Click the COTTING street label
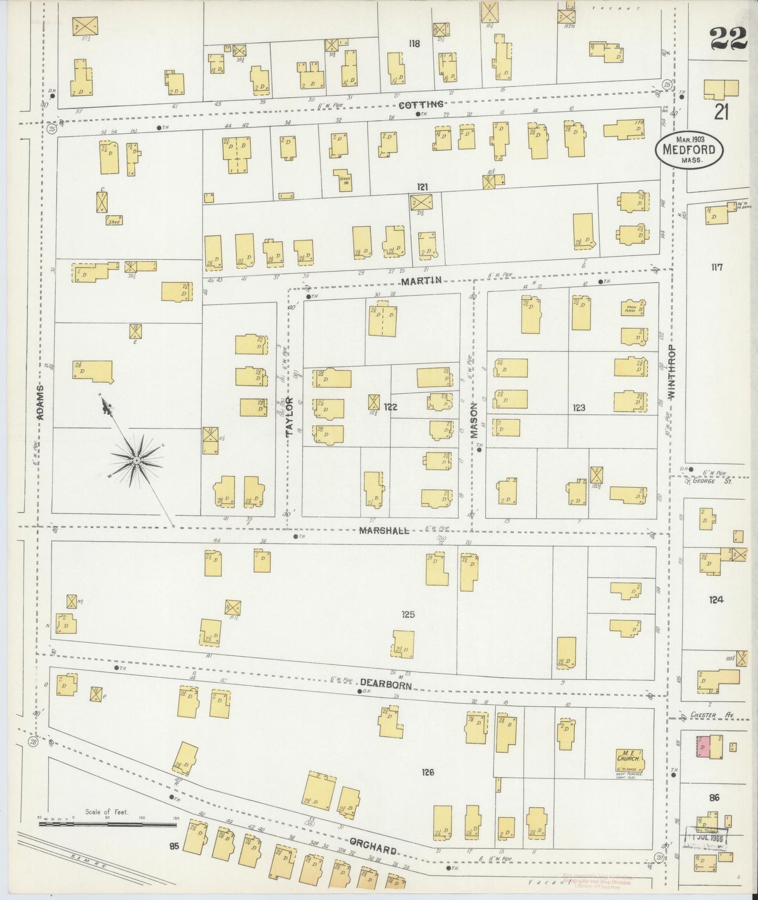(x=421, y=104)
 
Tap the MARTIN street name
(x=421, y=281)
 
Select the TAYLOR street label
(x=289, y=417)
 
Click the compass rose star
(x=136, y=460)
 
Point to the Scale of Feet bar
(x=108, y=823)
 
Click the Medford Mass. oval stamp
(x=689, y=149)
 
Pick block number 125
(x=408, y=614)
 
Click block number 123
(x=579, y=407)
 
